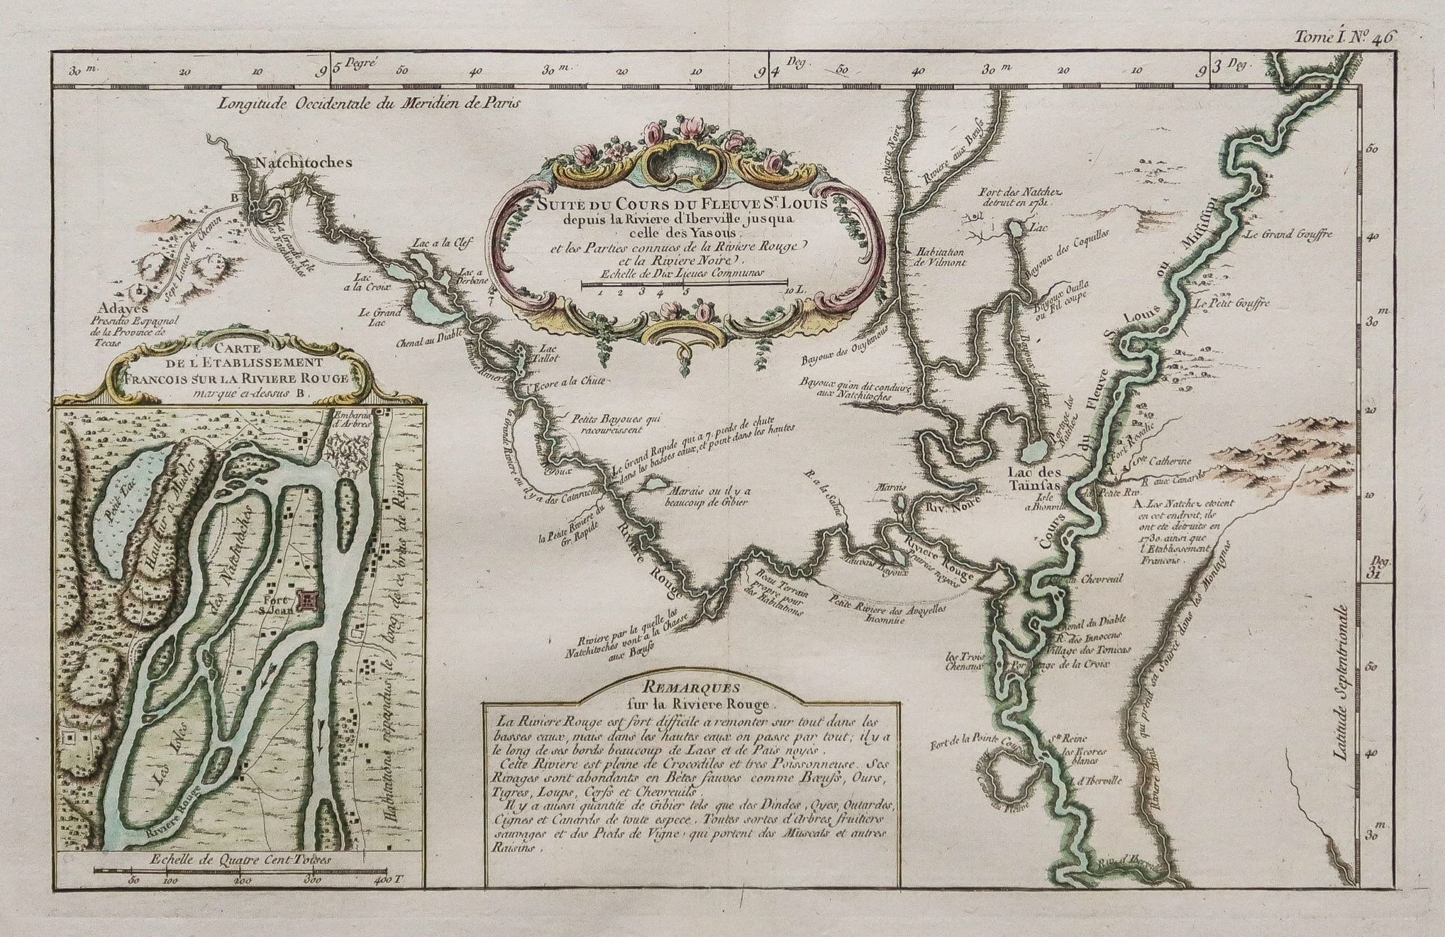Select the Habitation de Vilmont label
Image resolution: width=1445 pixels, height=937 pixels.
pyautogui.click(x=934, y=257)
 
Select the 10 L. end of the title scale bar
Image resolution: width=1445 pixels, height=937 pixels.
pyautogui.click(x=796, y=291)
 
